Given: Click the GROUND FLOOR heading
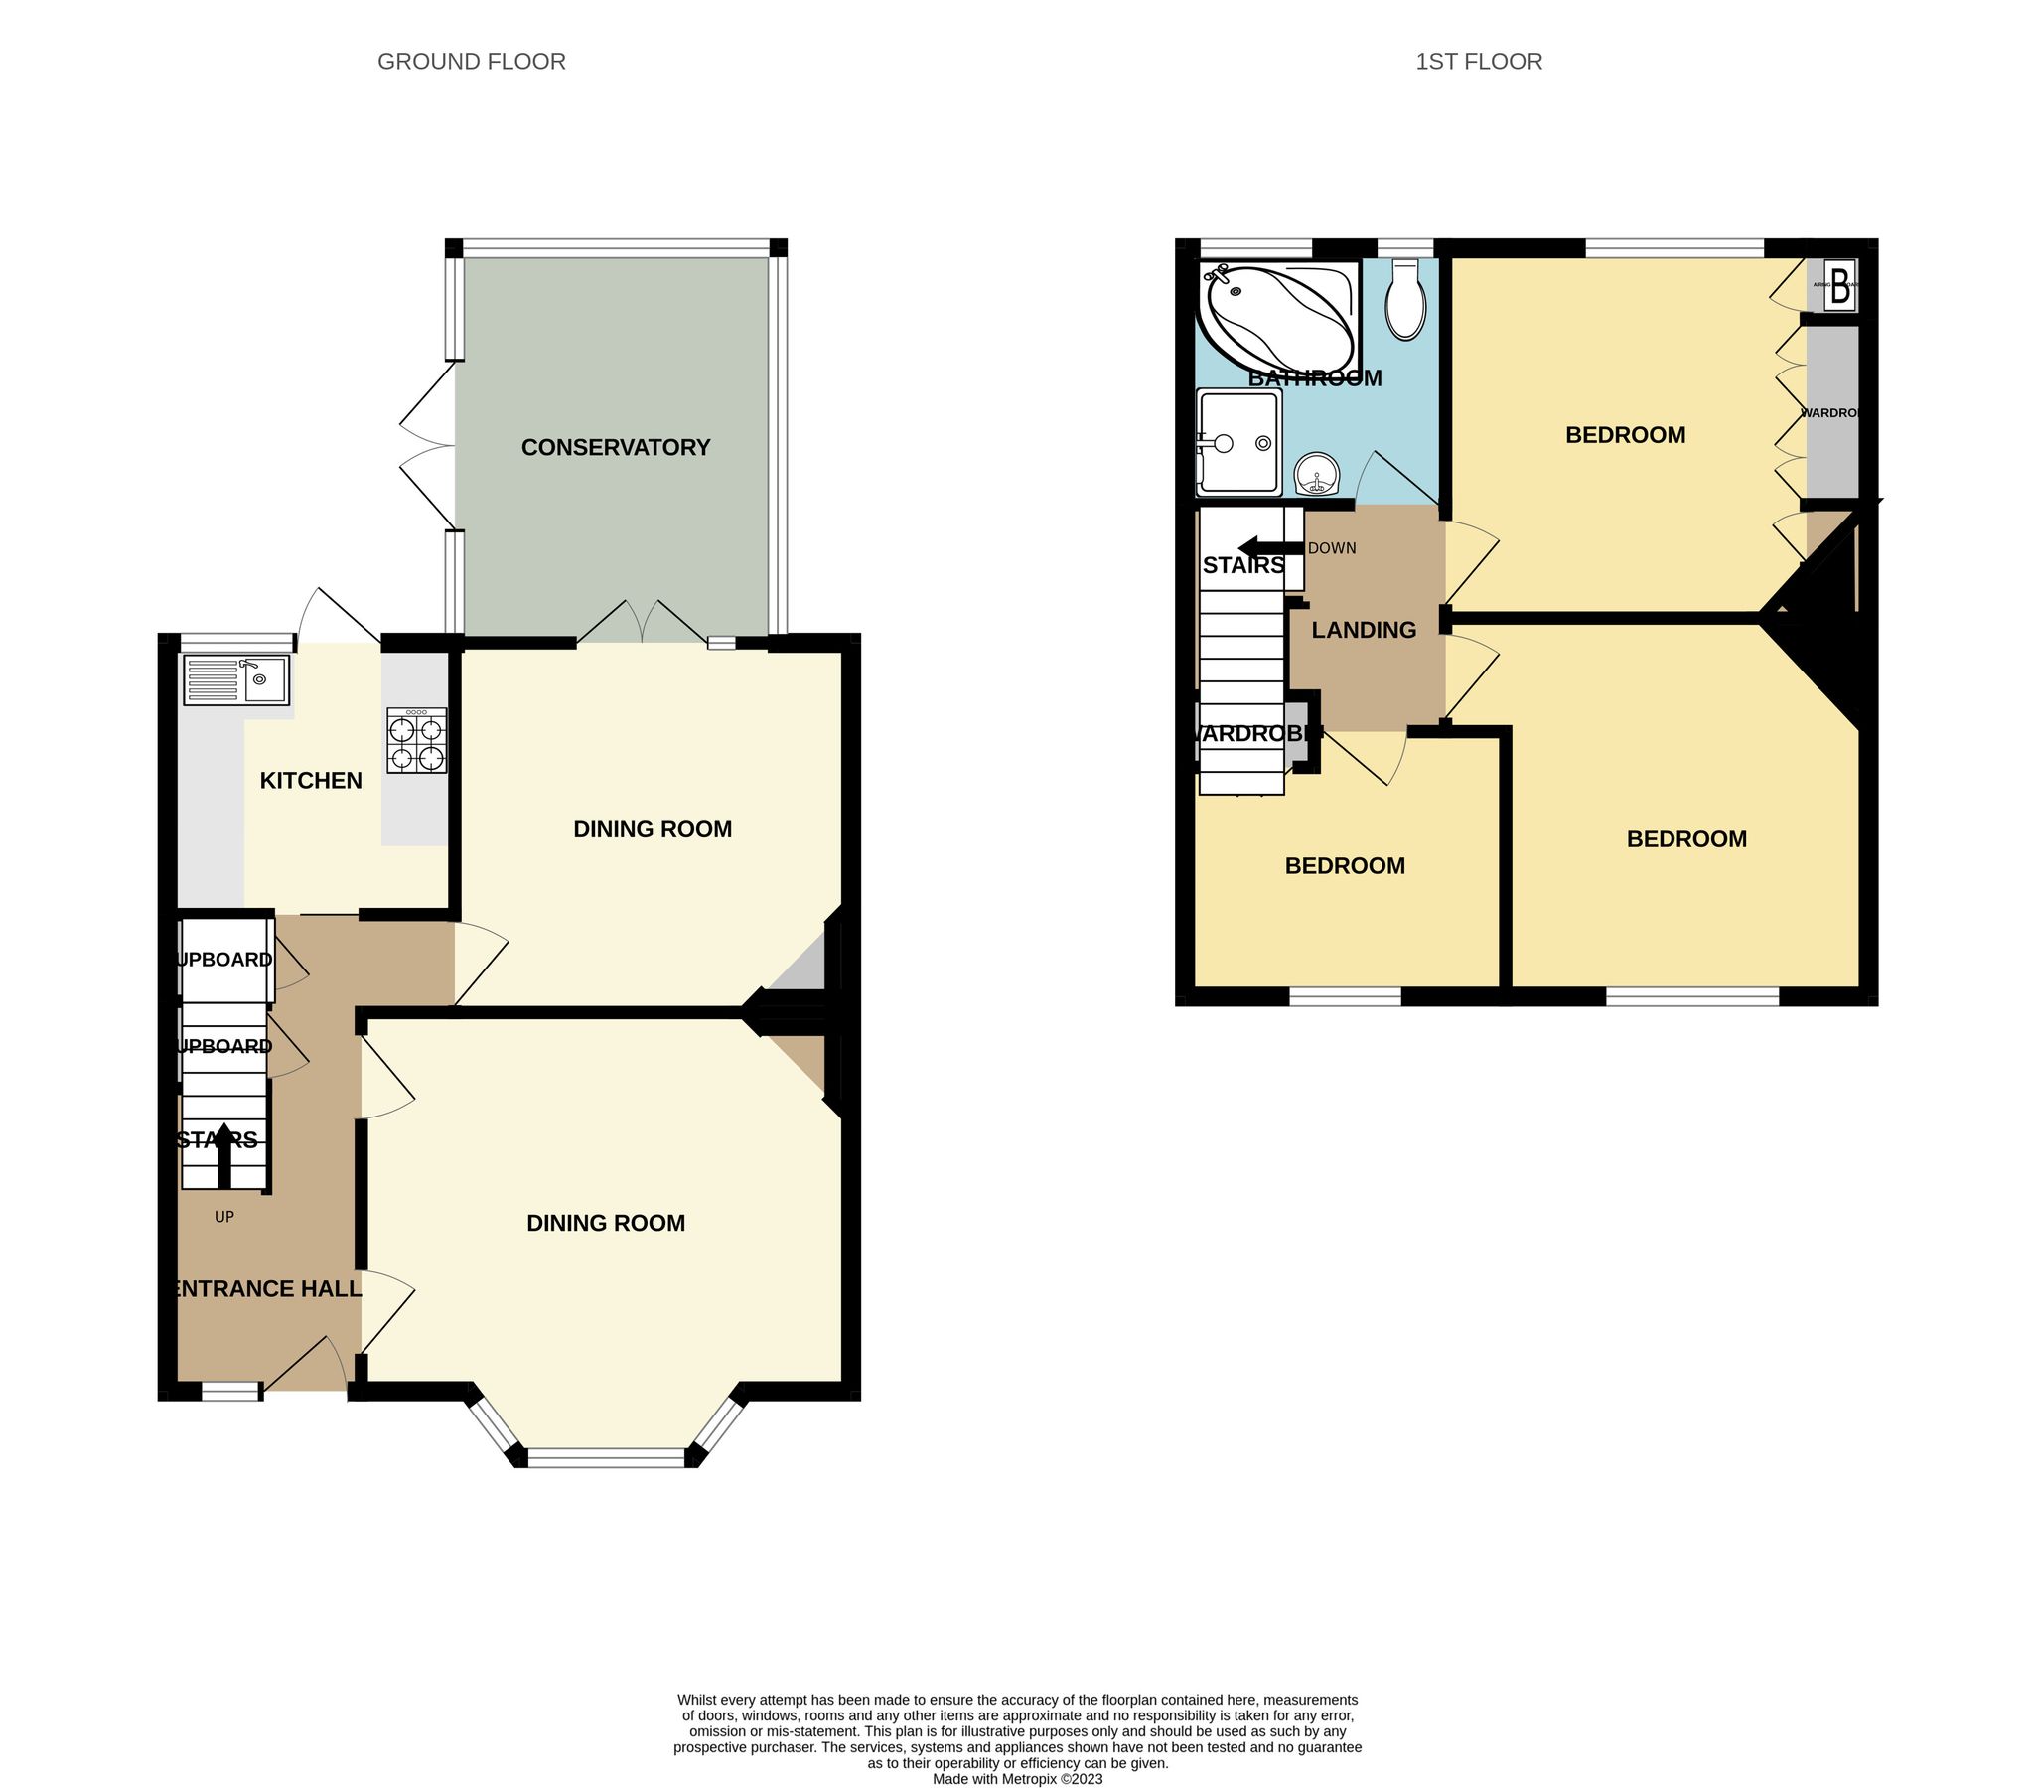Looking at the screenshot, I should coord(471,62).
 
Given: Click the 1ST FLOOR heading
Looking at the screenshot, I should coord(1478,62).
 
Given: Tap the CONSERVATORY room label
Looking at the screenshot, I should coord(616,448).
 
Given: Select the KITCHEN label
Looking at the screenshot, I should coord(311,781).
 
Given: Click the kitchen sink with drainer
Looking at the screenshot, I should coord(236,679).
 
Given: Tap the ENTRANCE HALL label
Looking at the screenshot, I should coord(266,1289).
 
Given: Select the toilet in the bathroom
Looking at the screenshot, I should coord(1405,301).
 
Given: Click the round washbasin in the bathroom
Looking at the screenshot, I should coord(1317,474).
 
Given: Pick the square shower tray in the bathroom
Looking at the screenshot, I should coord(1239,442).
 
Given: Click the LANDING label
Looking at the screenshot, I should coord(1364,631).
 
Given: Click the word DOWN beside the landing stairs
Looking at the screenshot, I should coord(1332,549).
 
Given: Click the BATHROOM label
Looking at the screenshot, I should coord(1315,378).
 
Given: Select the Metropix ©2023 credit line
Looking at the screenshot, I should coord(1017,1779).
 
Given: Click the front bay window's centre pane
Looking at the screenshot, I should coord(607,1458).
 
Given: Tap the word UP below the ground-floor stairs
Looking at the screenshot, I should coord(224,1216).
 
